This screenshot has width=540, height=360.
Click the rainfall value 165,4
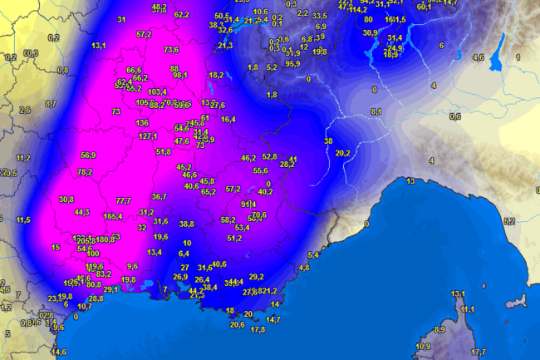(x=114, y=216)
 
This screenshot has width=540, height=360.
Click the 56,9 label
(x=88, y=155)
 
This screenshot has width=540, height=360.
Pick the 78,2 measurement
(x=85, y=172)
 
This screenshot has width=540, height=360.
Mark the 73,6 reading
(x=171, y=50)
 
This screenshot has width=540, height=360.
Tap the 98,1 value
(x=179, y=75)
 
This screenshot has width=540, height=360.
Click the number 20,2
(x=343, y=153)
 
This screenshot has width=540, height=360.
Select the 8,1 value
(x=376, y=111)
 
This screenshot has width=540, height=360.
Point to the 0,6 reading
(x=454, y=116)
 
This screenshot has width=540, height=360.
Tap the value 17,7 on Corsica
(x=479, y=353)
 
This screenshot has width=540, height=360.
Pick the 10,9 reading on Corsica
(x=424, y=346)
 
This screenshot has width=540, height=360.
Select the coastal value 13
(x=410, y=181)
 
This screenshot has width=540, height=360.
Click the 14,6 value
(x=59, y=353)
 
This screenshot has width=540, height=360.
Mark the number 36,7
(x=159, y=197)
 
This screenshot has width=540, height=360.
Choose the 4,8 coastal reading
(x=303, y=268)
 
